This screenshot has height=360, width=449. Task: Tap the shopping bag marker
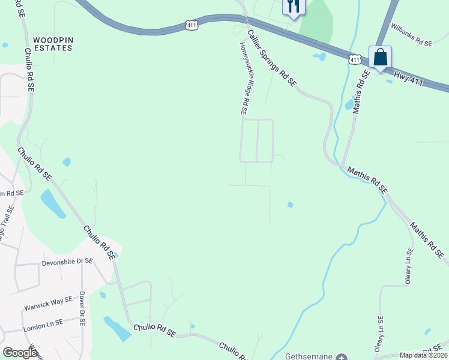380,58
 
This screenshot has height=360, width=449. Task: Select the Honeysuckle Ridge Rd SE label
244,78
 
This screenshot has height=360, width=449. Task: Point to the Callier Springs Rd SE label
272,59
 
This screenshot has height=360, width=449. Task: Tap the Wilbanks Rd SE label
411,35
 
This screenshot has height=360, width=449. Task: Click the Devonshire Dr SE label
67,262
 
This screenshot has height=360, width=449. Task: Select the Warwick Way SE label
48,303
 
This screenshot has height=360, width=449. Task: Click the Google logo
20,353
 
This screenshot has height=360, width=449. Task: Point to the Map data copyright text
424,355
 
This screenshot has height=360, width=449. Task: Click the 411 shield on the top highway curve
191,25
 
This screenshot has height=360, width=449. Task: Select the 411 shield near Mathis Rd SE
355,59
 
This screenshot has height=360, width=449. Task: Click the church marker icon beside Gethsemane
341,357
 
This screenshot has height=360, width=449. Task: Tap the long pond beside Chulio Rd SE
53,204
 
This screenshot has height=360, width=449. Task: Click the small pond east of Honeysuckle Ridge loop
291,205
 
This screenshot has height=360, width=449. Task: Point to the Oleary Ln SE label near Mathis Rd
409,266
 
